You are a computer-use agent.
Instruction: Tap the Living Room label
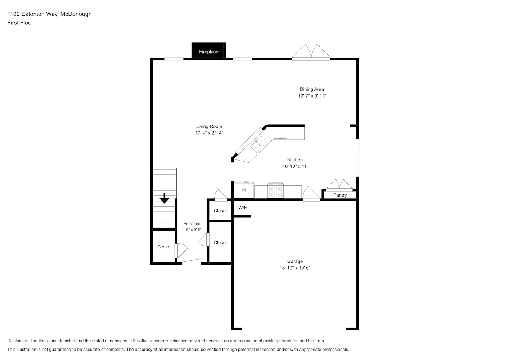point(209,126)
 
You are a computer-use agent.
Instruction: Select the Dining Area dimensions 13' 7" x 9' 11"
point(312,96)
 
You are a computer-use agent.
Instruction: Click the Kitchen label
point(295,159)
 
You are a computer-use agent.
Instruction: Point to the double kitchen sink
point(259,144)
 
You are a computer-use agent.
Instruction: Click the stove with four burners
point(275,190)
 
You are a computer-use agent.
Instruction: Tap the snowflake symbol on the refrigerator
point(244,190)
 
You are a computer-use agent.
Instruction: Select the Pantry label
point(340,195)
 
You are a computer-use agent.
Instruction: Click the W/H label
point(243,207)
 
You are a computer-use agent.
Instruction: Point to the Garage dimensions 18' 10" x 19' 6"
point(295,268)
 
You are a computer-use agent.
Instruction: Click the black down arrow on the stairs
point(164,198)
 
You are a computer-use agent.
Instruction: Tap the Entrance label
point(192,224)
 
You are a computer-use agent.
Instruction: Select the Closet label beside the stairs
point(164,247)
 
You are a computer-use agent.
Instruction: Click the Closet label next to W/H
point(220,211)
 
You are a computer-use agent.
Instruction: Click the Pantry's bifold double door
point(339,185)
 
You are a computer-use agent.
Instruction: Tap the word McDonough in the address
point(76,14)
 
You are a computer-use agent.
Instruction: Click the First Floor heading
point(20,23)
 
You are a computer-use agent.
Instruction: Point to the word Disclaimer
point(18,341)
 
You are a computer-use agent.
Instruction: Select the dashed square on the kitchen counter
point(280,132)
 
